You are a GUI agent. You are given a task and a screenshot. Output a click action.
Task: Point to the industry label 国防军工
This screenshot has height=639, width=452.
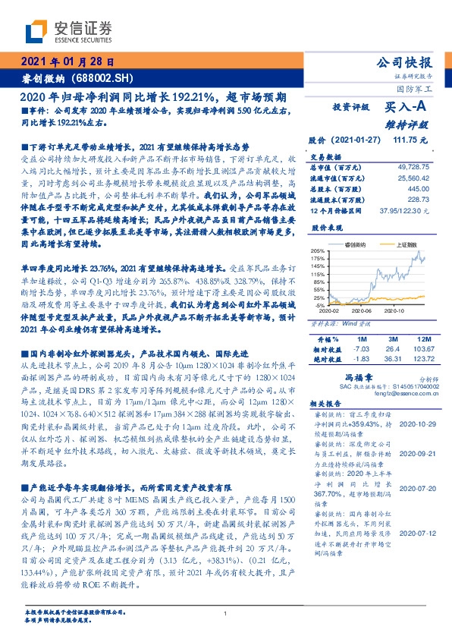pos(418,90)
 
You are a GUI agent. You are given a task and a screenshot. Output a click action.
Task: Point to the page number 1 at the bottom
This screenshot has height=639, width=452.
pos(226,613)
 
